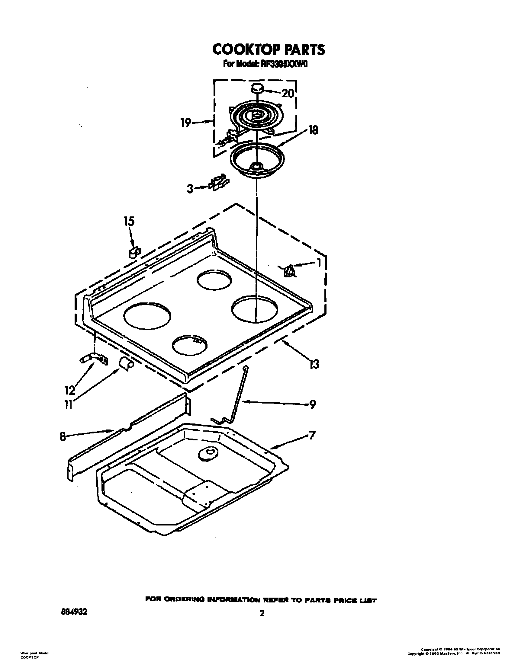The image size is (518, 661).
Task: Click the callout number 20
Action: (x=287, y=93)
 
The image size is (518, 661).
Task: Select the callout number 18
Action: (x=313, y=131)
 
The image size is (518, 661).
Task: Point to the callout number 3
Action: (x=189, y=189)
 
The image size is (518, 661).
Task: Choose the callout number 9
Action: (x=312, y=404)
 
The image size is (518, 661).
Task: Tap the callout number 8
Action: (x=63, y=437)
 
